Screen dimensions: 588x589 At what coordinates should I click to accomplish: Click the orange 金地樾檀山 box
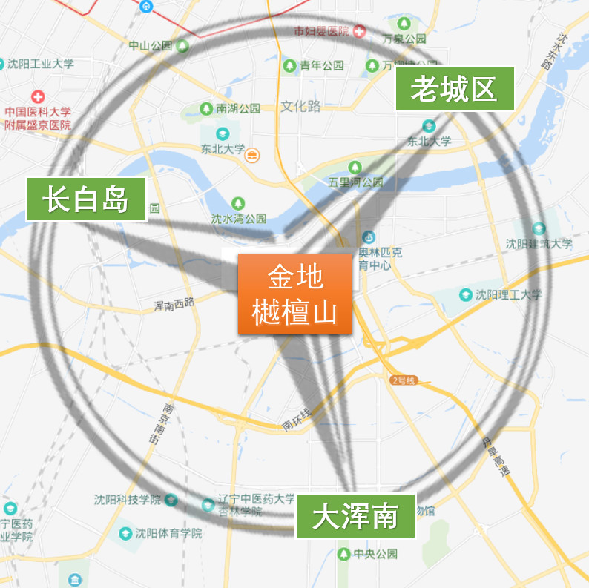[x=295, y=294]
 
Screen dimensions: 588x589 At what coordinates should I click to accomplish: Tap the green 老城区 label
[x=454, y=89]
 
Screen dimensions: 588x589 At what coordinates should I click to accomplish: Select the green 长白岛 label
[x=86, y=199]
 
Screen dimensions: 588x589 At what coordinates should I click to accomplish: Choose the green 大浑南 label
[x=355, y=516]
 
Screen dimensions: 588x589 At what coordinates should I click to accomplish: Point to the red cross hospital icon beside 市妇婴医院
[x=360, y=31]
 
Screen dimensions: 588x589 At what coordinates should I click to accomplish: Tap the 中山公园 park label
[x=151, y=45]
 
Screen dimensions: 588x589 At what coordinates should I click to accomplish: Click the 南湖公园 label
[x=238, y=108]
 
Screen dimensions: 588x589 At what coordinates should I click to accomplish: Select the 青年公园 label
[x=322, y=65]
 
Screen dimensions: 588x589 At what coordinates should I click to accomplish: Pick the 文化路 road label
[x=301, y=106]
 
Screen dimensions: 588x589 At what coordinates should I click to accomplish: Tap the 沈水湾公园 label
[x=238, y=219]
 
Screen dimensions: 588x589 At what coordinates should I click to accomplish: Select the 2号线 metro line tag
[x=404, y=380]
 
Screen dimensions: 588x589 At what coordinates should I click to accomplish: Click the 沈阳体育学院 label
[x=168, y=533]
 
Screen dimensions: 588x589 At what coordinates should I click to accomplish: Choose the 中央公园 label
[x=375, y=554]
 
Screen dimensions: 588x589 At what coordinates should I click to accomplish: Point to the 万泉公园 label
[x=404, y=38]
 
